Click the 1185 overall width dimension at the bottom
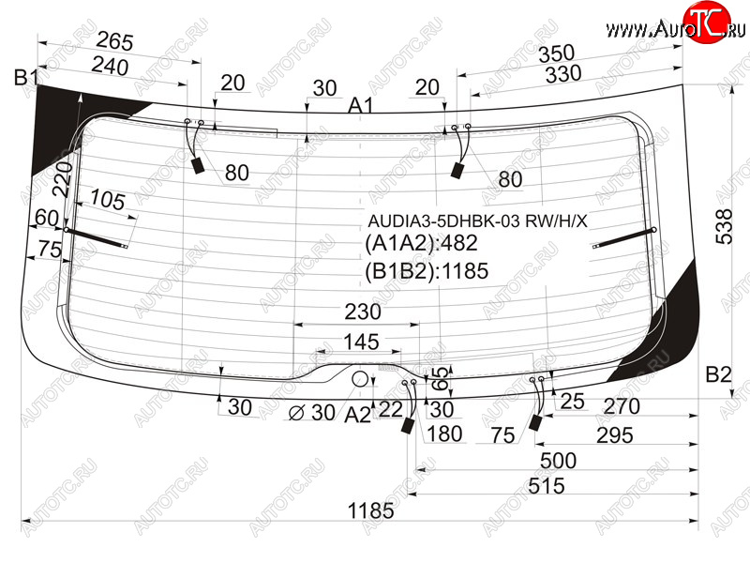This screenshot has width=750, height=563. [x=370, y=510]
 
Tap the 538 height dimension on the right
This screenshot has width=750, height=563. [x=725, y=226]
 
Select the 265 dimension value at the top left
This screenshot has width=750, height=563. [x=114, y=41]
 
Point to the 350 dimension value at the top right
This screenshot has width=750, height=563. [x=556, y=53]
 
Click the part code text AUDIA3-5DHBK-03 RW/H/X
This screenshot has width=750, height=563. [x=477, y=221]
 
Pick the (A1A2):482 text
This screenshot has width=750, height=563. [x=421, y=243]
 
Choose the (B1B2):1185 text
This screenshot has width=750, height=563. [x=427, y=271]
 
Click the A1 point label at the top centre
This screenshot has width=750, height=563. [x=360, y=105]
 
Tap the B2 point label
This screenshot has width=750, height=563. [x=718, y=374]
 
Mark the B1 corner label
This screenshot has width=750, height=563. [x=25, y=77]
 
